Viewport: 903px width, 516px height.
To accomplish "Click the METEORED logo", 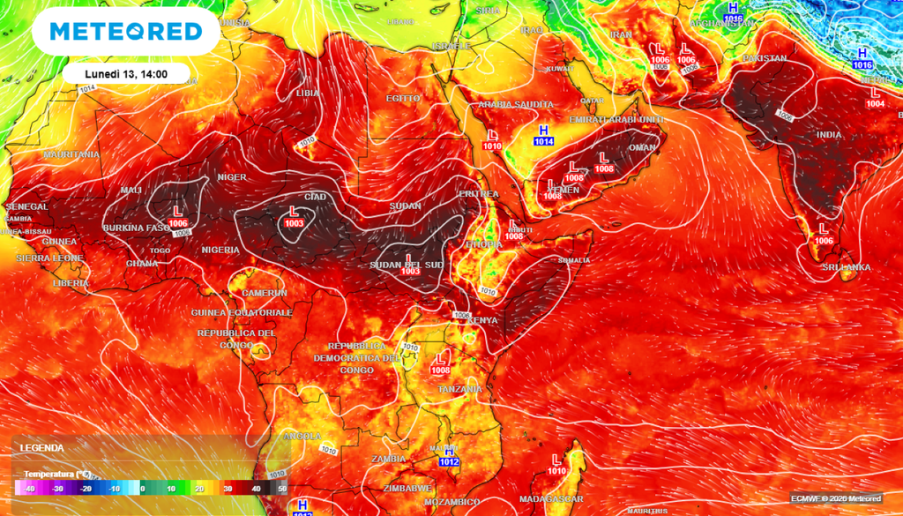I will click(125, 32).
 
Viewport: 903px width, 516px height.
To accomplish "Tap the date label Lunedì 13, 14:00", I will click(127, 74).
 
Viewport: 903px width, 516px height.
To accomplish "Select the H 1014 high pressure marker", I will click(543, 135).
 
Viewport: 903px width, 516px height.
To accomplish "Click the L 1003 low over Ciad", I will click(295, 217).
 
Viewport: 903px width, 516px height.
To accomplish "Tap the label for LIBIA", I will click(308, 93).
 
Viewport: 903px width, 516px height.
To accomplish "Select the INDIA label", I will click(829, 135).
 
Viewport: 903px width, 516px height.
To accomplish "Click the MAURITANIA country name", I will click(71, 154).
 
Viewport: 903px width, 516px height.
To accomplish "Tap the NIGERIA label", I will click(220, 250).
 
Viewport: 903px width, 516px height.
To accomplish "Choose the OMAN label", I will click(642, 147).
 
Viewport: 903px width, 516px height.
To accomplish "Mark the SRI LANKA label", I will click(846, 267).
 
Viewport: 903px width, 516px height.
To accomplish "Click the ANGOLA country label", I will click(302, 436).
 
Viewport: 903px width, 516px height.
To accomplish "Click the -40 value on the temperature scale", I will click(29, 489).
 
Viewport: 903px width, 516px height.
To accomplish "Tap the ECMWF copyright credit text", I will click(840, 498).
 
